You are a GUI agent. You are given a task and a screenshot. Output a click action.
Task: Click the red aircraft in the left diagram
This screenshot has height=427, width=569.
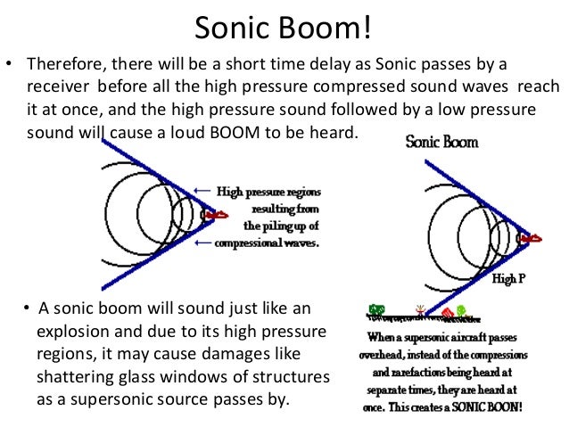(x=216, y=215)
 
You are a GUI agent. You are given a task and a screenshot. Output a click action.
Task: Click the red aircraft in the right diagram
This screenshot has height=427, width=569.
(x=532, y=239)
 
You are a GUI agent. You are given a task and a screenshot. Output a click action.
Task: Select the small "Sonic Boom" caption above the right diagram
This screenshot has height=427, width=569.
(x=441, y=142)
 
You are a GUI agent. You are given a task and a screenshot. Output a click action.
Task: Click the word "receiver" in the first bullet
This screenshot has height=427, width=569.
(x=57, y=88)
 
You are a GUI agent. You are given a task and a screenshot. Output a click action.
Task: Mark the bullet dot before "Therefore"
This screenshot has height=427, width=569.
(x=9, y=66)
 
